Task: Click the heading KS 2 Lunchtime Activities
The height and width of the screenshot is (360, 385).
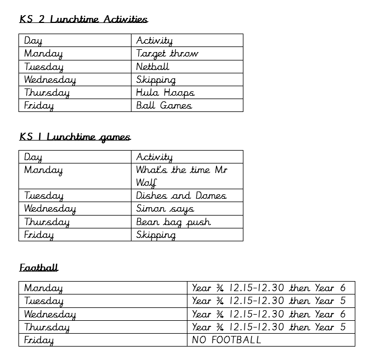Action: click(83, 19)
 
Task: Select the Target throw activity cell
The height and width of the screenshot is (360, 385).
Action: click(167, 54)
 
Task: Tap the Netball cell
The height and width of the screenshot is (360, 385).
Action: click(152, 67)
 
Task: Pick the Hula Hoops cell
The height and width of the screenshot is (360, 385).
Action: click(165, 92)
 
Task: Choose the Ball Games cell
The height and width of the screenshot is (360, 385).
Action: click(164, 105)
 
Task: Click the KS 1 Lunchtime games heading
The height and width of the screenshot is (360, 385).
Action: click(74, 137)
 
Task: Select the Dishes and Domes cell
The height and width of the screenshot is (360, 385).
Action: click(181, 195)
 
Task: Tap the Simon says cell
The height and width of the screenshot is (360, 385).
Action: click(165, 208)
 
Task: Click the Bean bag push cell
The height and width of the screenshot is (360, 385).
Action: click(173, 222)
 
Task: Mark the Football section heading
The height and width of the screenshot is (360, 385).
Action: click(39, 268)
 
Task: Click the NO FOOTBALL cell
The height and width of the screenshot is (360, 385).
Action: click(226, 340)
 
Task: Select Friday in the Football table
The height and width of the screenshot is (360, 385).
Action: click(39, 340)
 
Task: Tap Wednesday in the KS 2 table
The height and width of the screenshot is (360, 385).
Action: click(49, 80)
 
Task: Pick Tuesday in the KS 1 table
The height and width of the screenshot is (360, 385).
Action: click(44, 195)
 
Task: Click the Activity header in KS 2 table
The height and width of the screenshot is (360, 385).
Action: click(154, 40)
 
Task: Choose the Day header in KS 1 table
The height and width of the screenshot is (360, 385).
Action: click(33, 157)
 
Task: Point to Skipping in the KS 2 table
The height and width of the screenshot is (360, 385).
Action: click(156, 80)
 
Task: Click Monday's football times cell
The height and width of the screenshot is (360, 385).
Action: click(269, 288)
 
